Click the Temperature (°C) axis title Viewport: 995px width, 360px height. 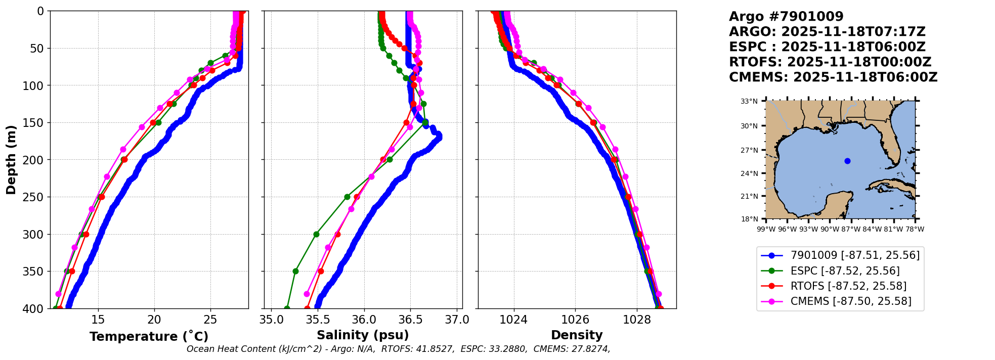click(x=149, y=336)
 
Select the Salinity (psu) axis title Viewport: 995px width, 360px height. click(x=363, y=335)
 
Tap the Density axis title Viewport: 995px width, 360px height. click(x=577, y=335)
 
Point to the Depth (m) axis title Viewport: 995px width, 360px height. click(x=11, y=159)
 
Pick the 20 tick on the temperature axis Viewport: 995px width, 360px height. click(x=154, y=320)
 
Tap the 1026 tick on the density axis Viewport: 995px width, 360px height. click(x=576, y=320)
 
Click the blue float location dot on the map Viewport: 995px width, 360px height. click(x=847, y=161)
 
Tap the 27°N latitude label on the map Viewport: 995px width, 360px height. click(x=749, y=150)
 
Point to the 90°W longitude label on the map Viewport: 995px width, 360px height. click(x=830, y=229)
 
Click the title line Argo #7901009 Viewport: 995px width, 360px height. click(x=786, y=17)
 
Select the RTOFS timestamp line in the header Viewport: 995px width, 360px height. click(x=830, y=62)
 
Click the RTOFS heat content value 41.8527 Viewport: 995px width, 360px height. click(x=437, y=349)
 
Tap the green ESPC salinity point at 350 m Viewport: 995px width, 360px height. click(x=295, y=271)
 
